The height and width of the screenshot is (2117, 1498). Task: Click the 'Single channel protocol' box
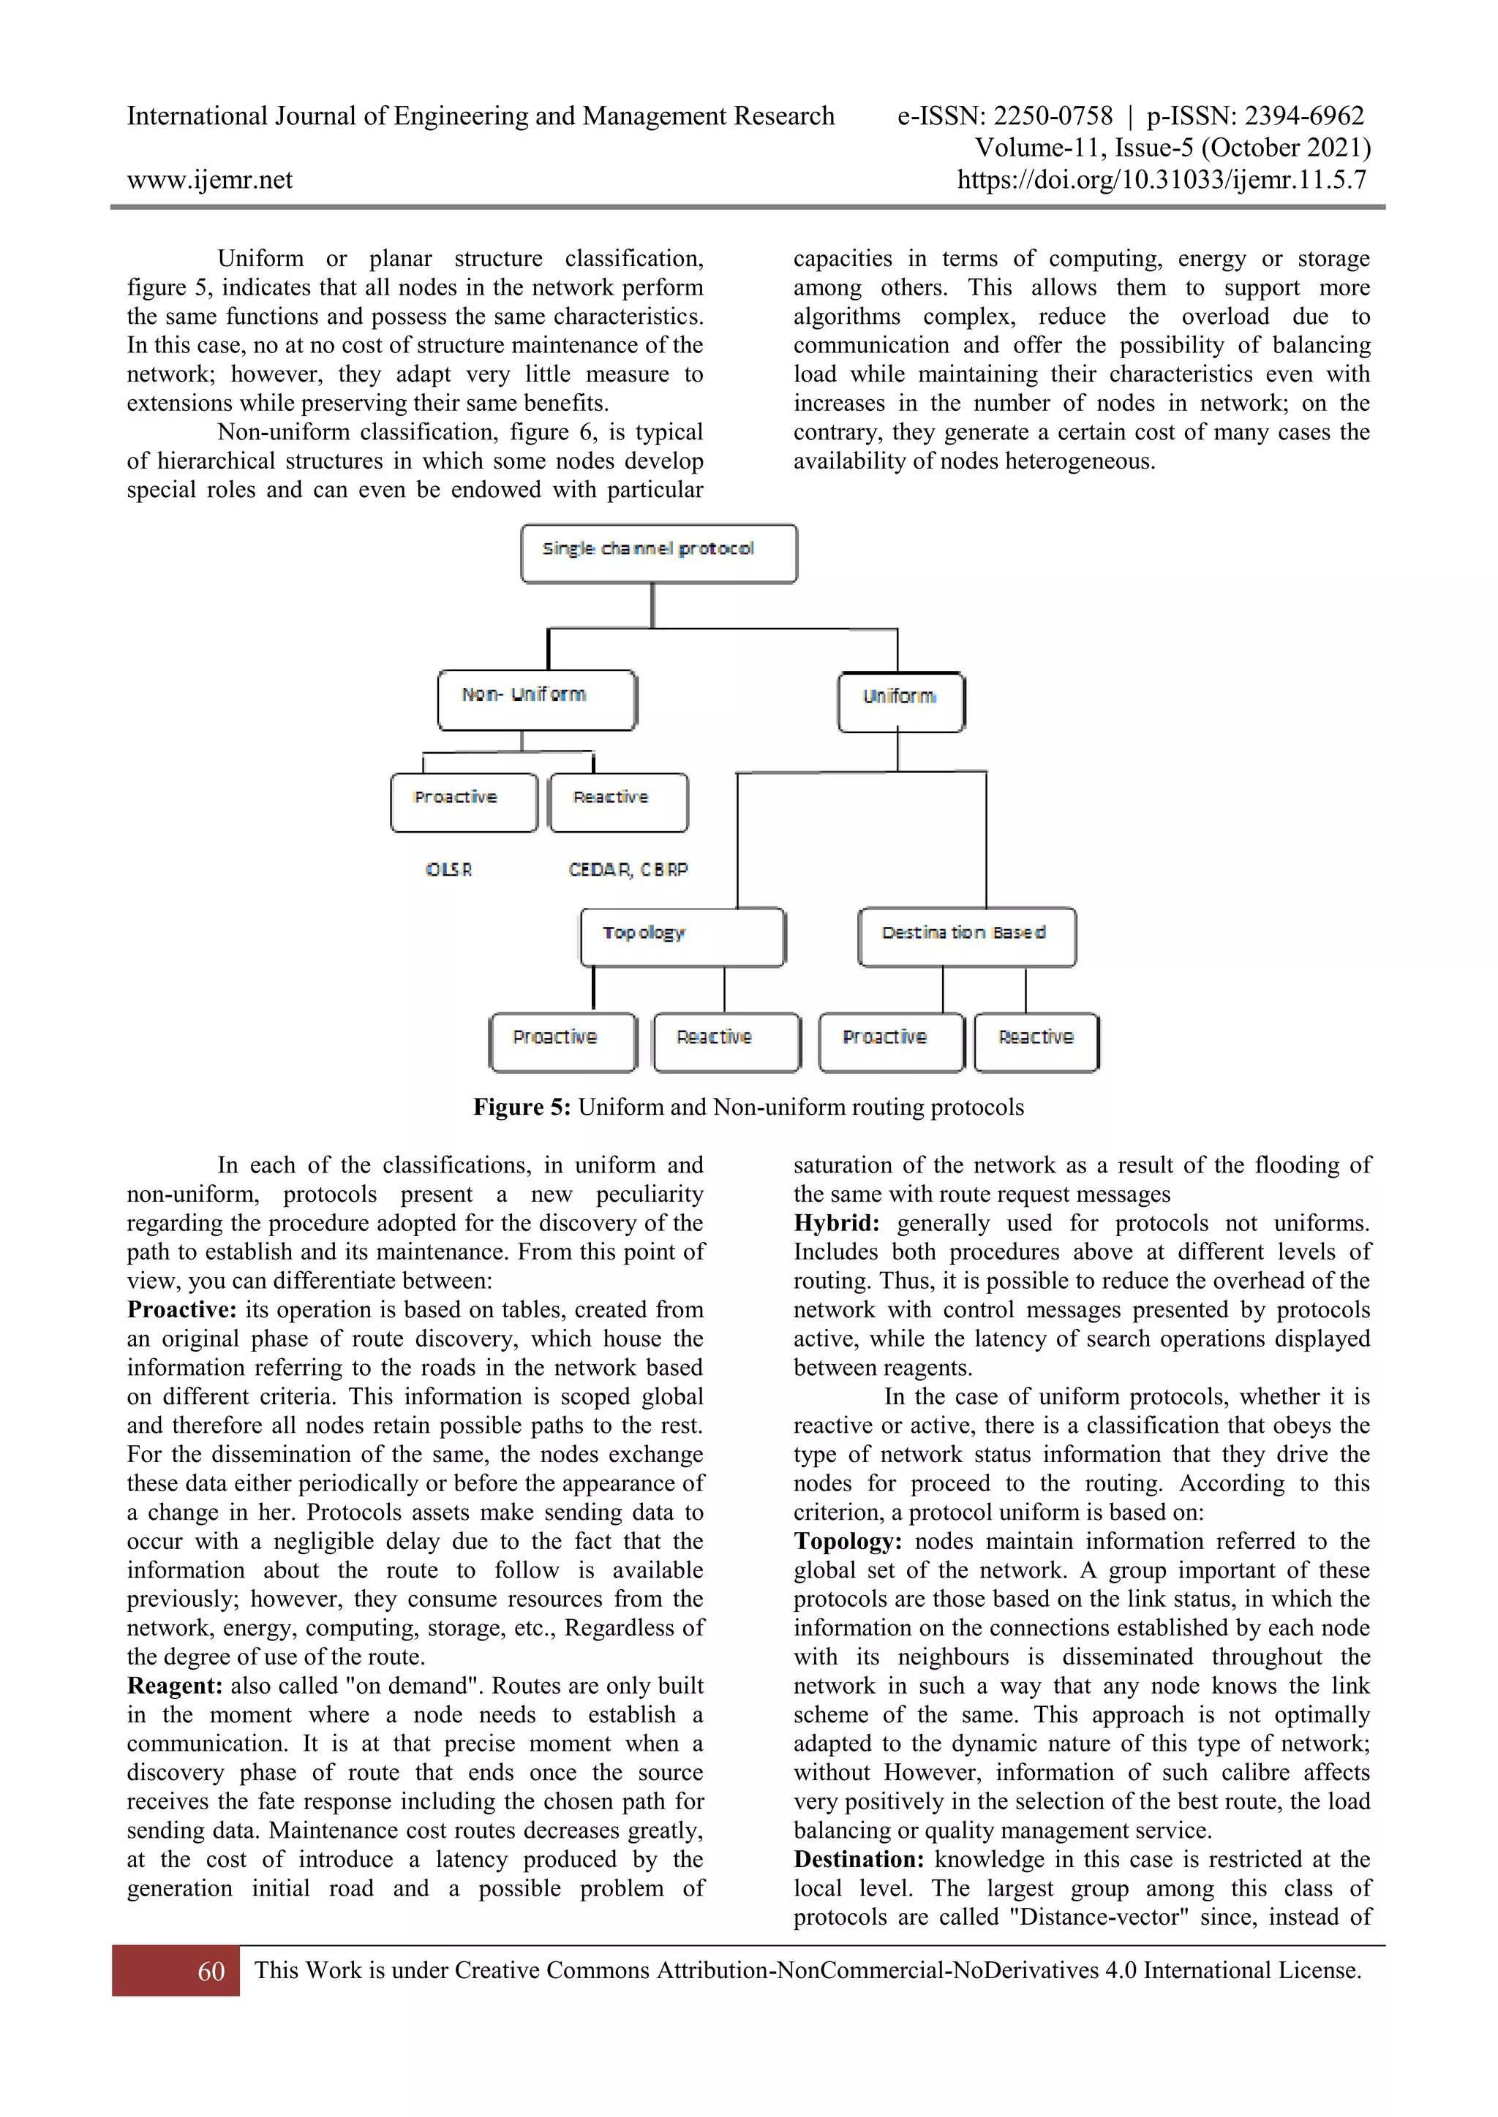pyautogui.click(x=658, y=553)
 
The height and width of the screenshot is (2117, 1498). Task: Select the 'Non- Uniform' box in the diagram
pyautogui.click(x=537, y=700)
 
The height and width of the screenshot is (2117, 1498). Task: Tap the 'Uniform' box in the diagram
pyautogui.click(x=901, y=702)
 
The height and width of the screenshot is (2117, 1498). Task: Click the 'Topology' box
pyautogui.click(x=682, y=937)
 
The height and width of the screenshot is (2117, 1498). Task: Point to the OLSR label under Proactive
pyautogui.click(x=448, y=869)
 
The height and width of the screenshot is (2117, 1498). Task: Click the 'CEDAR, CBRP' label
pyautogui.click(x=628, y=869)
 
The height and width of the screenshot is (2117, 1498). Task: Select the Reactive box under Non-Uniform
pyautogui.click(x=618, y=802)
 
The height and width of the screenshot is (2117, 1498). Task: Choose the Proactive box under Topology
pyautogui.click(x=562, y=1042)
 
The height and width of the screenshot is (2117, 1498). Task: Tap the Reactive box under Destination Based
pyautogui.click(x=1036, y=1042)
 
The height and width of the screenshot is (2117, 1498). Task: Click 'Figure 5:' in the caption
pyautogui.click(x=522, y=1107)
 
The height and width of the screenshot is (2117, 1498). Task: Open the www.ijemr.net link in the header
pyautogui.click(x=209, y=180)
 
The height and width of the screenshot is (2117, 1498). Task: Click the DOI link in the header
pyautogui.click(x=1162, y=180)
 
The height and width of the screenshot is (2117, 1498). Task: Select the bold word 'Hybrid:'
pyautogui.click(x=837, y=1224)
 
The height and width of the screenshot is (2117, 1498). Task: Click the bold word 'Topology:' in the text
pyautogui.click(x=848, y=1542)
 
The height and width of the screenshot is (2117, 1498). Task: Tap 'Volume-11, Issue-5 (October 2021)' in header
pyautogui.click(x=1173, y=148)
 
